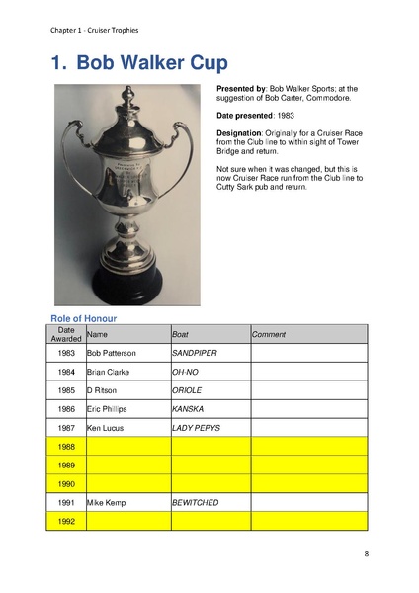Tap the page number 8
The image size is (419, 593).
366,554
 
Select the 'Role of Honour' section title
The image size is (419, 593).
84,317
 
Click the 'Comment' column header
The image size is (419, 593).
269,335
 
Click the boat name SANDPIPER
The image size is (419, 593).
195,353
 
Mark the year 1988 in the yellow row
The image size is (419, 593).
66,446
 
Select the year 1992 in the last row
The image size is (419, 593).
66,521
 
